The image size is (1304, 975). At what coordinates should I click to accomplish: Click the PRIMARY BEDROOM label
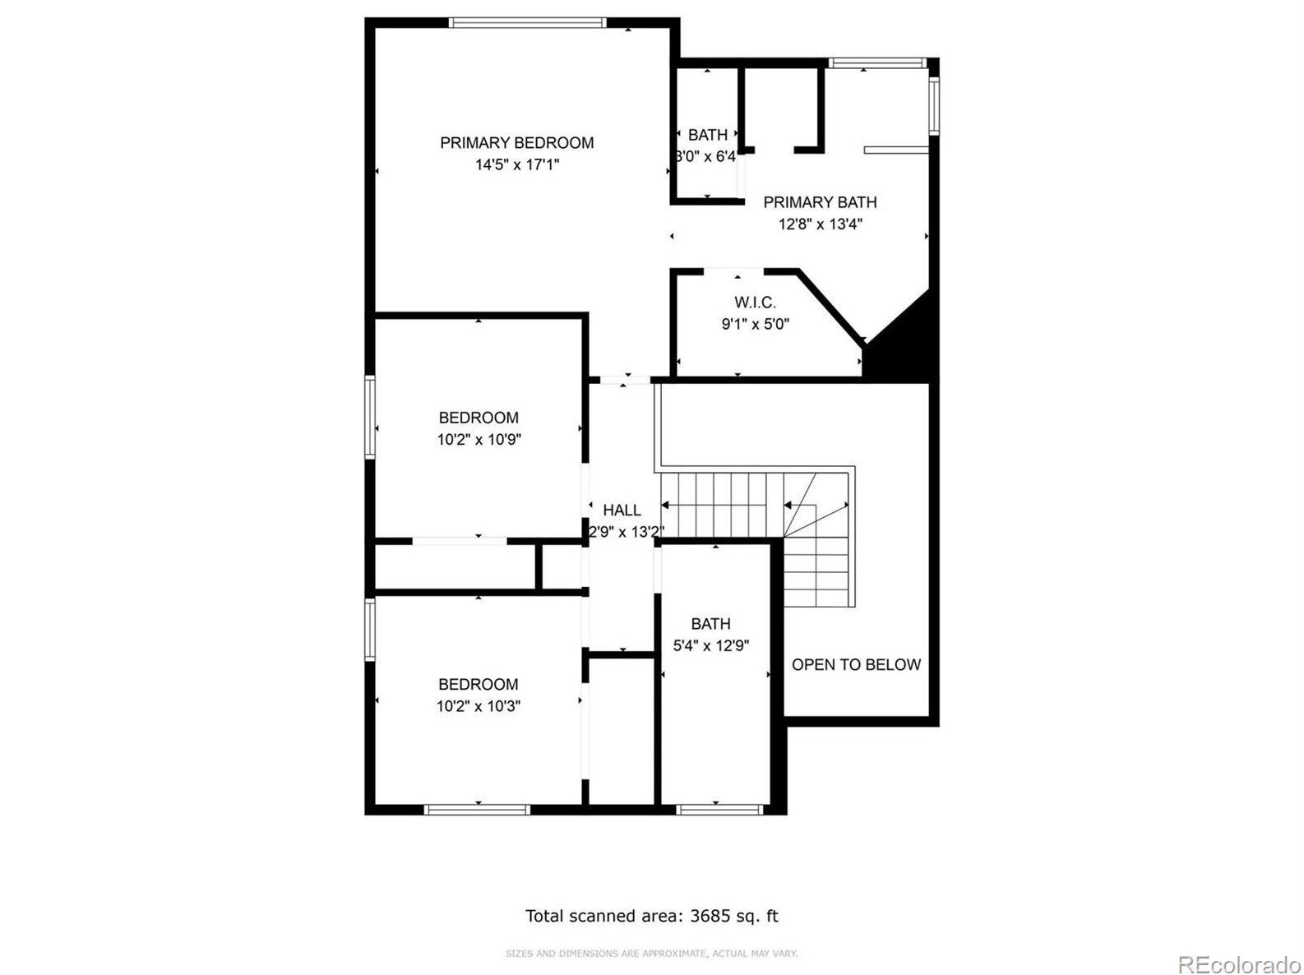click(516, 143)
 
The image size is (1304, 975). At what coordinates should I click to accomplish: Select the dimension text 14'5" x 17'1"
click(516, 164)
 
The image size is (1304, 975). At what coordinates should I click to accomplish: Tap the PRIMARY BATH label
click(820, 202)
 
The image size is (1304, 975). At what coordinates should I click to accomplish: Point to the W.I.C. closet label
click(755, 303)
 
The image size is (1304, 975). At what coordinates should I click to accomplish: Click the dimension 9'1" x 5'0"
click(755, 324)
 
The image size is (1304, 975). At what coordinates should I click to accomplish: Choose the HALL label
click(622, 511)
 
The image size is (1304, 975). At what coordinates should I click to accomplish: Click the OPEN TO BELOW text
click(856, 665)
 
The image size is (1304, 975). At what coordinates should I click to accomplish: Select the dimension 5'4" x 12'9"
click(710, 646)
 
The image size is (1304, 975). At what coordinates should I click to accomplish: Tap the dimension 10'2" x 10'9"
click(479, 440)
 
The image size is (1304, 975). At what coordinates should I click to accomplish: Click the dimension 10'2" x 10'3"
click(479, 706)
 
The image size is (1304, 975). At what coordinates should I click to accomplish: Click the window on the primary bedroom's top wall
click(528, 23)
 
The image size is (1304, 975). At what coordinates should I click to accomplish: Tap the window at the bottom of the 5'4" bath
click(719, 810)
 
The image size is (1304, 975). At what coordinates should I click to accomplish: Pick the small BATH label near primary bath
click(707, 135)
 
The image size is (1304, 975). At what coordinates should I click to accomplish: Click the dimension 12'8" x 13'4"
click(820, 224)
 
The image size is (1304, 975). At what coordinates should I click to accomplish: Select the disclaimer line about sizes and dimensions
click(651, 954)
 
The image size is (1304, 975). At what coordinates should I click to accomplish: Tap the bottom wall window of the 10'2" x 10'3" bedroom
click(477, 810)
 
